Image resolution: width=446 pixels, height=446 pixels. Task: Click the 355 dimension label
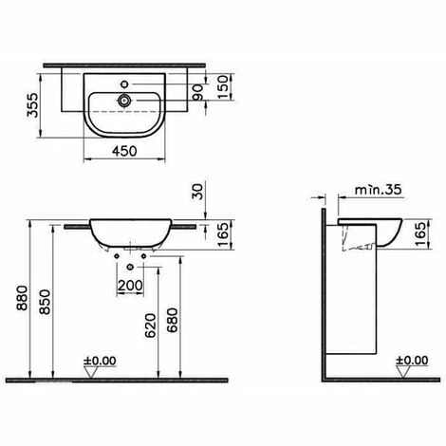pos(32,105)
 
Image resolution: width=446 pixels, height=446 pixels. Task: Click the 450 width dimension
pos(124,151)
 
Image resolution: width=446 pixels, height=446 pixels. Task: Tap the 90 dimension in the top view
pos(198,92)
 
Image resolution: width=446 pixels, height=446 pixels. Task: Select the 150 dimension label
pos(223,87)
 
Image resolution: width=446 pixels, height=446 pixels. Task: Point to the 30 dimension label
pos(198,192)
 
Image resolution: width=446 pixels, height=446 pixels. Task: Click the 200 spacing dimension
pos(130,286)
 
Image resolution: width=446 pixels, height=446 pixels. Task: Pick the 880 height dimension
pos(23,298)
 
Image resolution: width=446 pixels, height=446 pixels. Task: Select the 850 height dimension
pos(45,302)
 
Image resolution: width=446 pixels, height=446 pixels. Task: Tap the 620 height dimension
pos(151,325)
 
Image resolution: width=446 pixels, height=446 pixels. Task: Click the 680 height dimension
pos(173,320)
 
